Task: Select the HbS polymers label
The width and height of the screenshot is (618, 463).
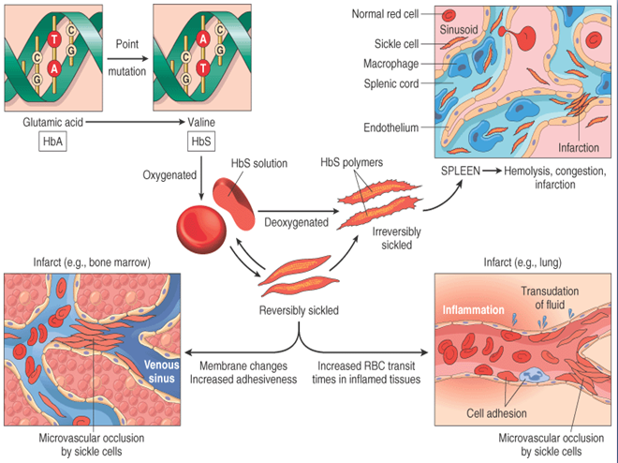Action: (354, 163)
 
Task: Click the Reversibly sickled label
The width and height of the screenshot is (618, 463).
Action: (298, 308)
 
